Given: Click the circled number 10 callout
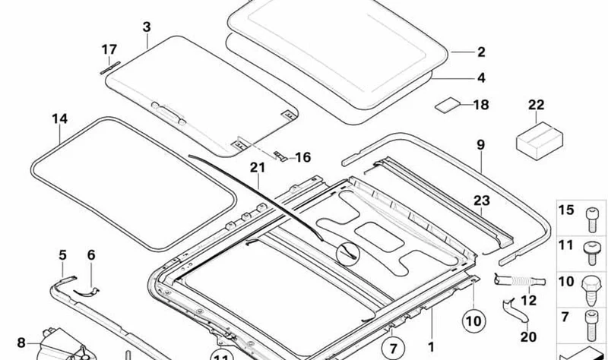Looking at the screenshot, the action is click(x=473, y=321).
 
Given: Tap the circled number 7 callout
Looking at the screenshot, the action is click(x=393, y=348).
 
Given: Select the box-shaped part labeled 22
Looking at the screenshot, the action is click(x=540, y=141).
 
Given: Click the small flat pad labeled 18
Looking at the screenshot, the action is click(x=447, y=105).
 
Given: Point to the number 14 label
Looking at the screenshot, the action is click(x=60, y=119).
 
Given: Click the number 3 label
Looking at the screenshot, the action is click(x=147, y=27).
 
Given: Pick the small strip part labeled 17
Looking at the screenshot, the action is click(x=110, y=68).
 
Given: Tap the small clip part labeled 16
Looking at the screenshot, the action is click(x=280, y=156).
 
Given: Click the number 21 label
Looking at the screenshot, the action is click(x=258, y=167).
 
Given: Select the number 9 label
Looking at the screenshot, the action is click(x=480, y=145).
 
